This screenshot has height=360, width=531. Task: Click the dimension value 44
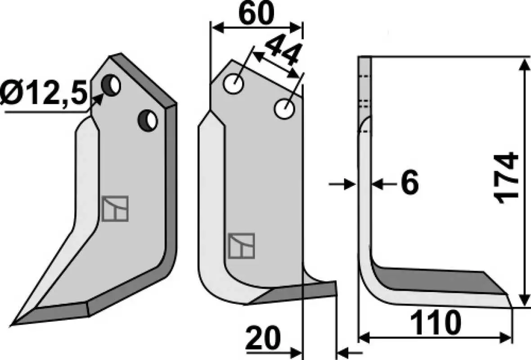283,51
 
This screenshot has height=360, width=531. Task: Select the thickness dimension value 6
409,183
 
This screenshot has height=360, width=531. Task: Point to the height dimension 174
507,179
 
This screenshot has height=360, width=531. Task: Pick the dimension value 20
263,338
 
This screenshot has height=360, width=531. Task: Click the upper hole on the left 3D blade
111,85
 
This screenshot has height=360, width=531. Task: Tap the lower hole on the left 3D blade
148,120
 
